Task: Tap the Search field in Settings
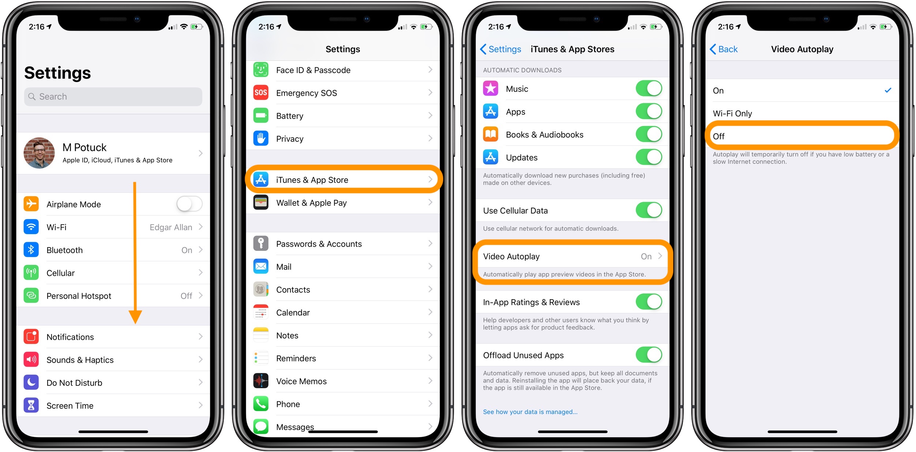113,97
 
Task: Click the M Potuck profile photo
39,153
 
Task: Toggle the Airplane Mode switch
189,204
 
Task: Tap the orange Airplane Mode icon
31,204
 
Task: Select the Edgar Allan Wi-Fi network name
170,227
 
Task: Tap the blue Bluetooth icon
31,250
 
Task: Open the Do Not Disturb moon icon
31,382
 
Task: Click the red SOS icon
261,93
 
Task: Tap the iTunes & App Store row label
312,180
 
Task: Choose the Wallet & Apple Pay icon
261,203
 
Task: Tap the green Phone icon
261,404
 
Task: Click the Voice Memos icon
261,381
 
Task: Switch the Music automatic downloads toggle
649,89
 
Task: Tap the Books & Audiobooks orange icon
491,134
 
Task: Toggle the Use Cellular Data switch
649,211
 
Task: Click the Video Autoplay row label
511,256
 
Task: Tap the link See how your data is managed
530,412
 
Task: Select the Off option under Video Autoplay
719,136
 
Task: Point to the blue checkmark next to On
888,90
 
